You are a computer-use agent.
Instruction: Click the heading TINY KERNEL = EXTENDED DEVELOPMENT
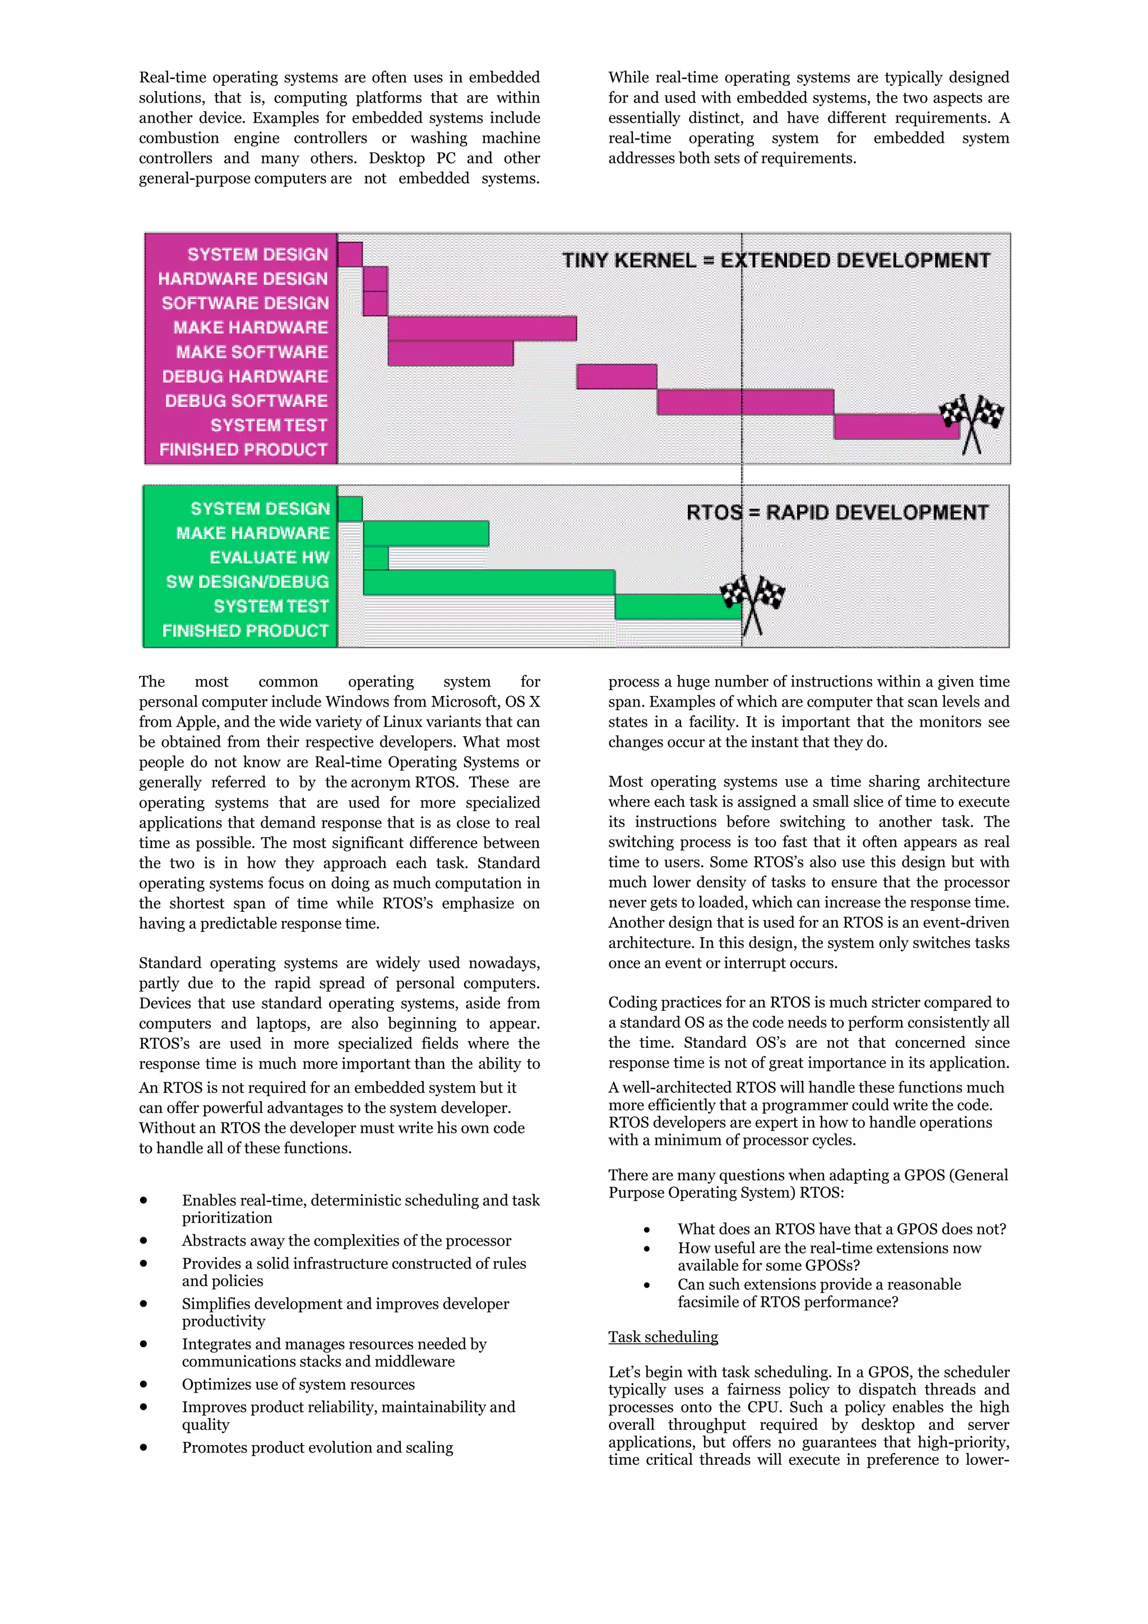pyautogui.click(x=776, y=260)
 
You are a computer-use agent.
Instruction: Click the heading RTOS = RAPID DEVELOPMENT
pyautogui.click(x=837, y=512)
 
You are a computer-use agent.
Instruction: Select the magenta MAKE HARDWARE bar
pyautogui.click(x=482, y=328)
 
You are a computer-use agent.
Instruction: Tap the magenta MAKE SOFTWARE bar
pyautogui.click(x=451, y=353)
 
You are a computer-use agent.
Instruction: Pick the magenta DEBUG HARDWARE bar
pyautogui.click(x=616, y=376)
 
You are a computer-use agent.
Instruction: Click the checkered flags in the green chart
pyautogui.click(x=752, y=601)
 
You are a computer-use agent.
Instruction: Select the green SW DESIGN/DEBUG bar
pyautogui.click(x=488, y=582)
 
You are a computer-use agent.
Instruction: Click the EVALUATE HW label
pyautogui.click(x=270, y=558)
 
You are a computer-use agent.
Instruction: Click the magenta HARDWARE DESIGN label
pyautogui.click(x=243, y=279)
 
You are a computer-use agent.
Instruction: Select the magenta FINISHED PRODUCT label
pyautogui.click(x=243, y=450)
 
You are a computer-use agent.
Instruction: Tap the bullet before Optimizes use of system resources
pyautogui.click(x=143, y=1384)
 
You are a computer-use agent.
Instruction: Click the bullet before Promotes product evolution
pyautogui.click(x=143, y=1447)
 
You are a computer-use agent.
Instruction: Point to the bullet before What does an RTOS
pyautogui.click(x=646, y=1230)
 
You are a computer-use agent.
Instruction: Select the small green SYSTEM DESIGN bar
pyautogui.click(x=350, y=509)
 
